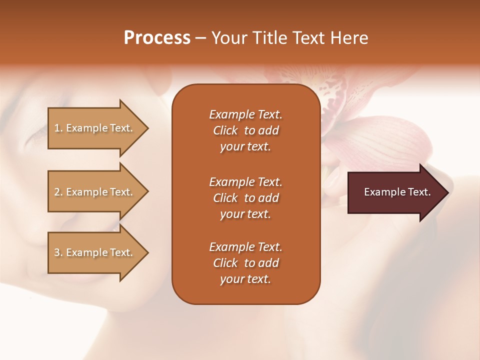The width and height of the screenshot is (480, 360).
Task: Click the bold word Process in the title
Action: [x=157, y=38]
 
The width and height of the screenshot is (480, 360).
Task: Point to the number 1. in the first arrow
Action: [x=58, y=128]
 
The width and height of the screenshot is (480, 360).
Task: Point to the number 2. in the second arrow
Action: [x=58, y=192]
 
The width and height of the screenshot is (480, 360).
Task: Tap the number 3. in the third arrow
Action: [x=58, y=252]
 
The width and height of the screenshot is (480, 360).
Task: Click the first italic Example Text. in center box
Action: [x=245, y=114]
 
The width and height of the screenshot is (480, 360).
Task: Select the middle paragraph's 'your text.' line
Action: [x=245, y=214]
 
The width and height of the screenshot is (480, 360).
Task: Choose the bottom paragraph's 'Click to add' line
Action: [x=245, y=263]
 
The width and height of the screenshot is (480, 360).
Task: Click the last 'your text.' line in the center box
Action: [x=245, y=279]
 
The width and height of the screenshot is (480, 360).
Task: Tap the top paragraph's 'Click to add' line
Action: [x=245, y=130]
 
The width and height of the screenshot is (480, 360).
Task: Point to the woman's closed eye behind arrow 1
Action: [x=35, y=134]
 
